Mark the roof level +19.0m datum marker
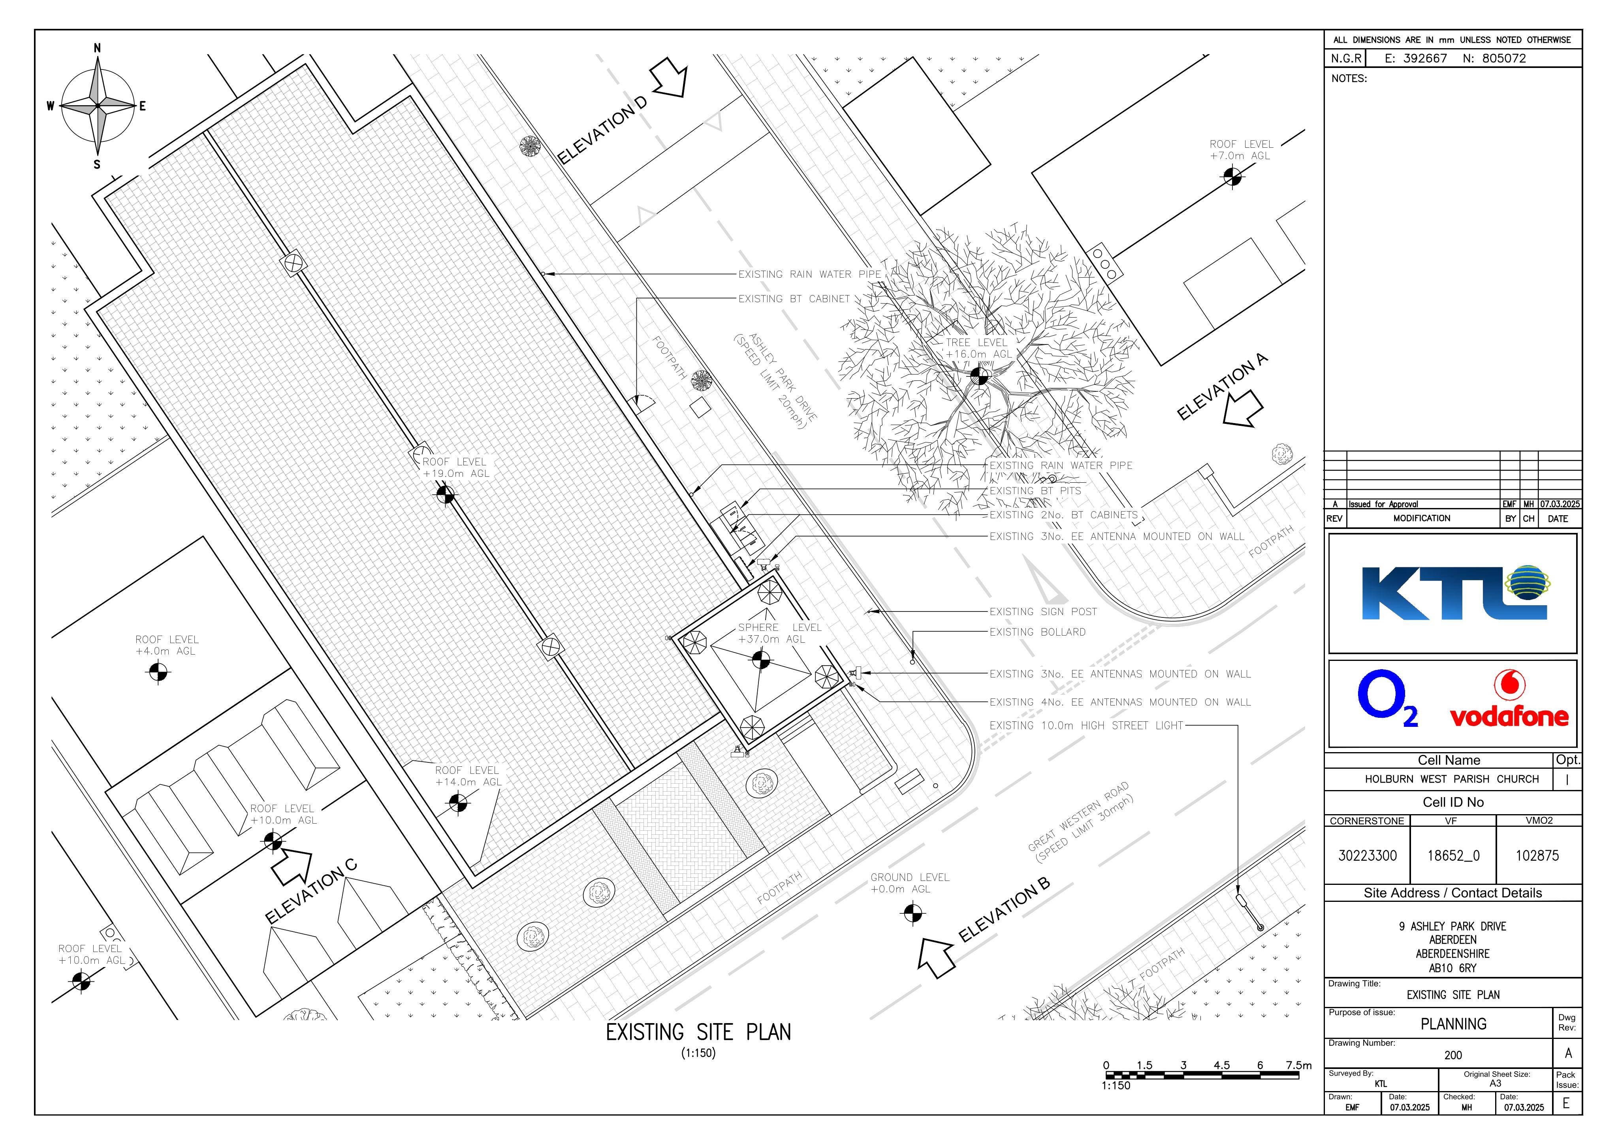click(x=445, y=495)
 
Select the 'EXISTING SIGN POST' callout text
click(x=1043, y=612)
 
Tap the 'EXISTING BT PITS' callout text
click(x=1035, y=491)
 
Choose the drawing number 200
click(x=1453, y=1055)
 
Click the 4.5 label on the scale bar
click(x=1222, y=1065)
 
